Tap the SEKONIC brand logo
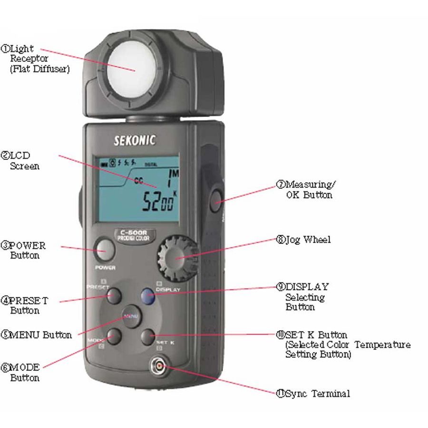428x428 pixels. click(x=135, y=140)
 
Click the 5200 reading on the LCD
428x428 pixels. click(x=159, y=201)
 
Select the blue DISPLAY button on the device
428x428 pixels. click(x=148, y=296)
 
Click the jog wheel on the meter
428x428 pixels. click(x=177, y=258)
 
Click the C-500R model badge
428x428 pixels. click(x=134, y=235)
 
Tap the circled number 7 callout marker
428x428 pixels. click(x=281, y=185)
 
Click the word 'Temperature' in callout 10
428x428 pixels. click(x=382, y=345)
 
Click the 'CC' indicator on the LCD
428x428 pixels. click(x=139, y=181)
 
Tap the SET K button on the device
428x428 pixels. click(x=148, y=337)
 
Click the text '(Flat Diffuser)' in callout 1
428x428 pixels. click(x=40, y=69)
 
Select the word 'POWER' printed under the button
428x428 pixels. click(x=105, y=267)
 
